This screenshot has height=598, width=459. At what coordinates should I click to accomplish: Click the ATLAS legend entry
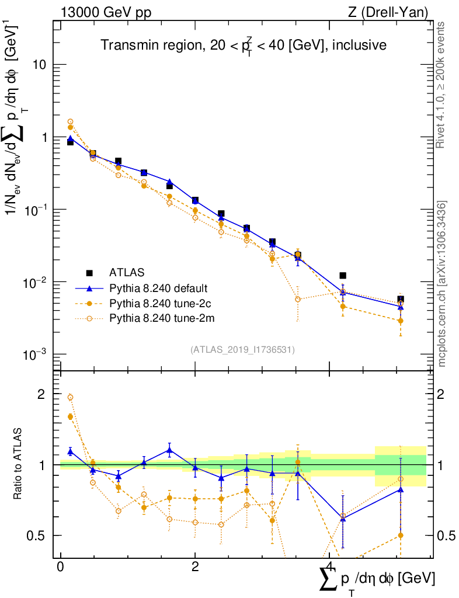coord(126,272)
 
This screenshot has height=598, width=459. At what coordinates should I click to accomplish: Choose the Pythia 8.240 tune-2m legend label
coord(157,318)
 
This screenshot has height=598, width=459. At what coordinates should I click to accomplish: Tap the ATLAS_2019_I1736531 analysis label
coord(242,350)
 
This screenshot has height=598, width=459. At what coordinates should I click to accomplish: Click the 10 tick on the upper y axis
coord(40,65)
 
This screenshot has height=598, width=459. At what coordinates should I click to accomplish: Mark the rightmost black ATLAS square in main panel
coord(401,300)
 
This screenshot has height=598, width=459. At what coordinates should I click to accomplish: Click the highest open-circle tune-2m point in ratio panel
coord(70,397)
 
